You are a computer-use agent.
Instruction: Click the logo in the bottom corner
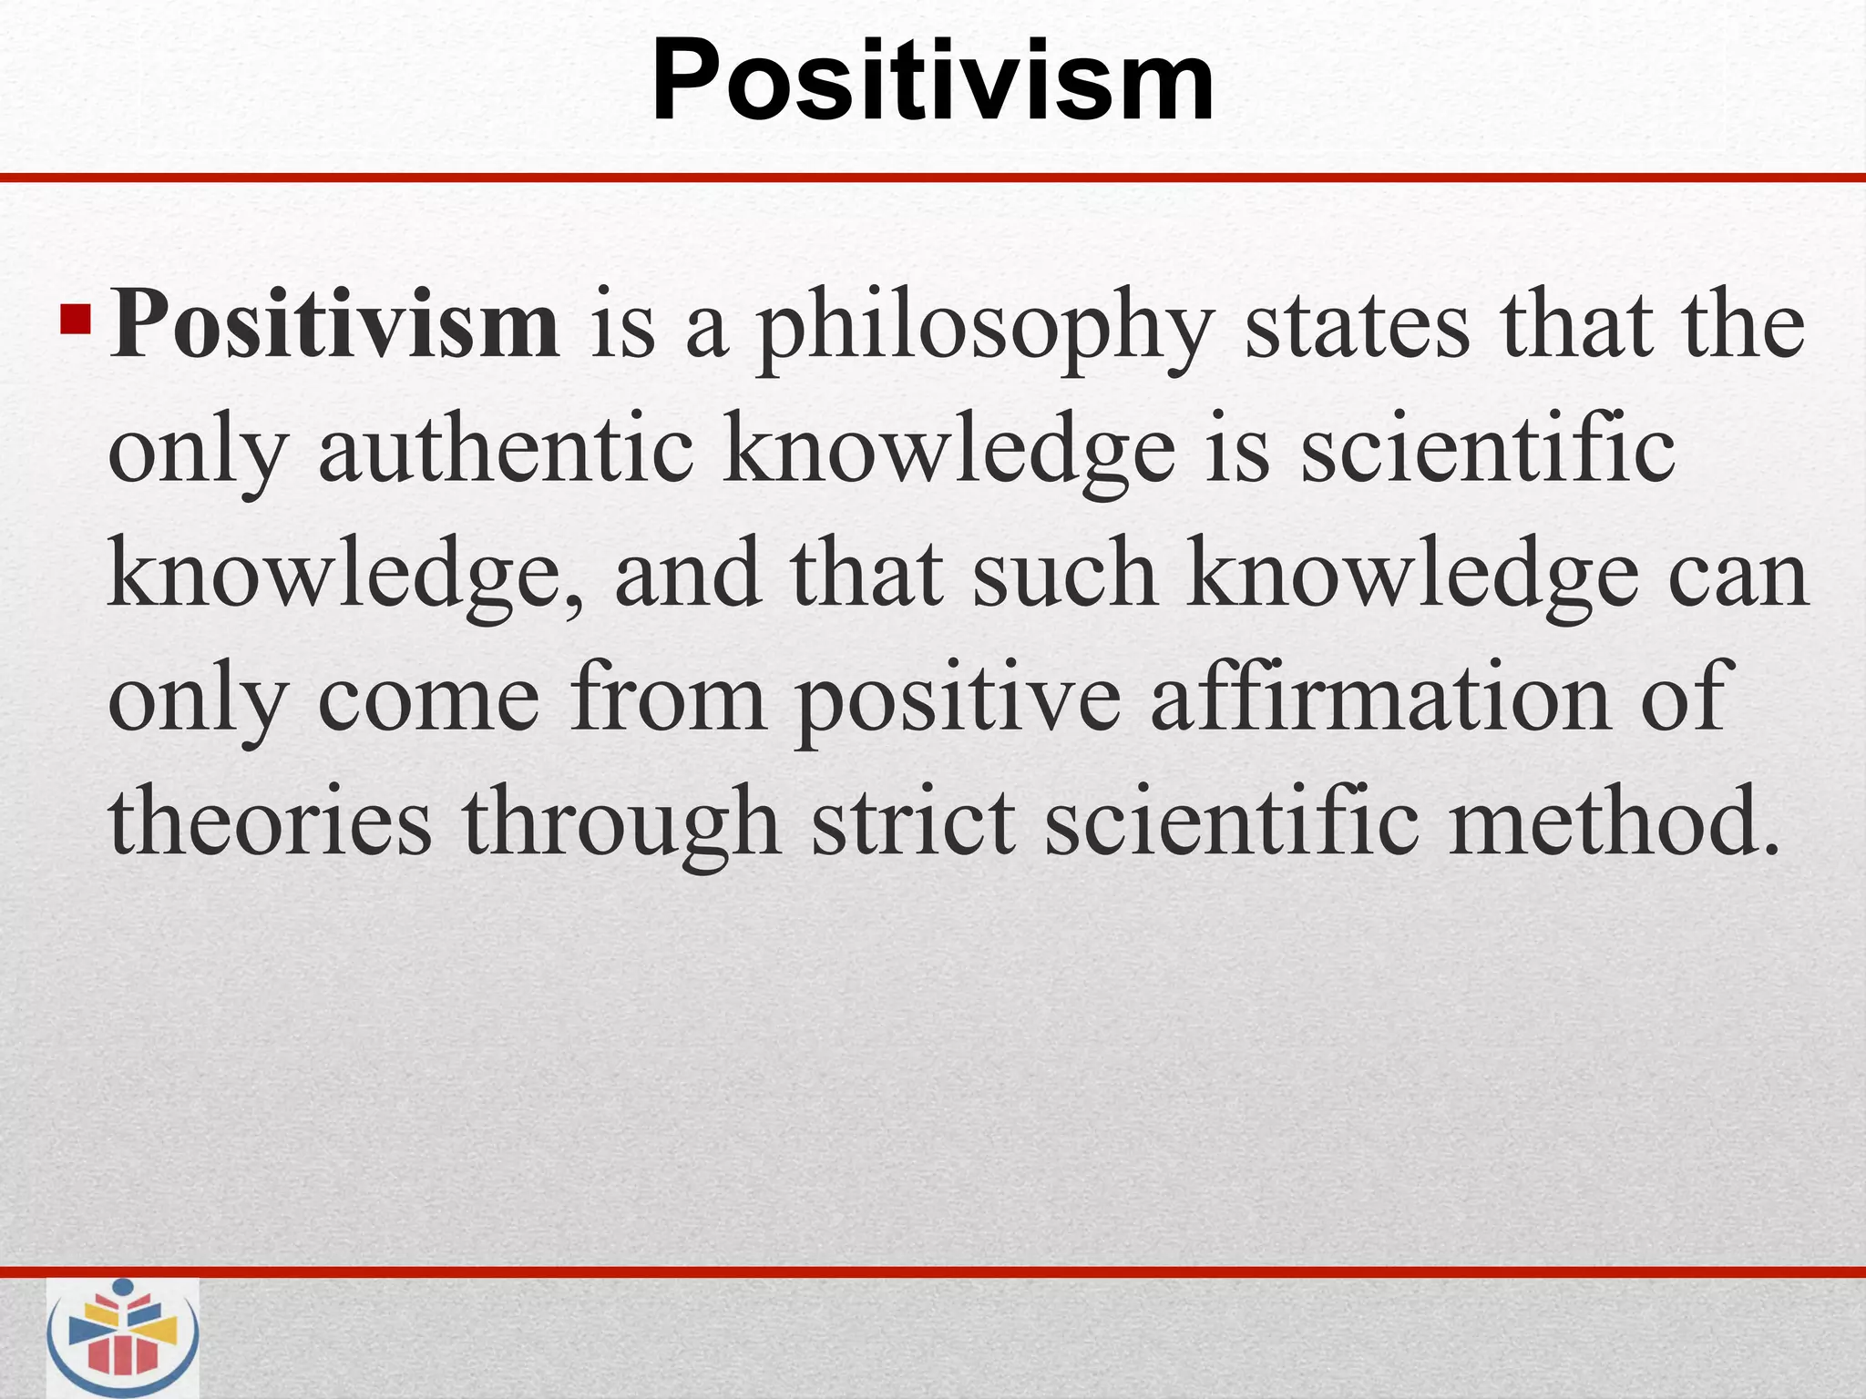[x=123, y=1337]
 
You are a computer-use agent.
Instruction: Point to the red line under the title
[x=933, y=178]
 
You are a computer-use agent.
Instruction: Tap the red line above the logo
[x=933, y=1271]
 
